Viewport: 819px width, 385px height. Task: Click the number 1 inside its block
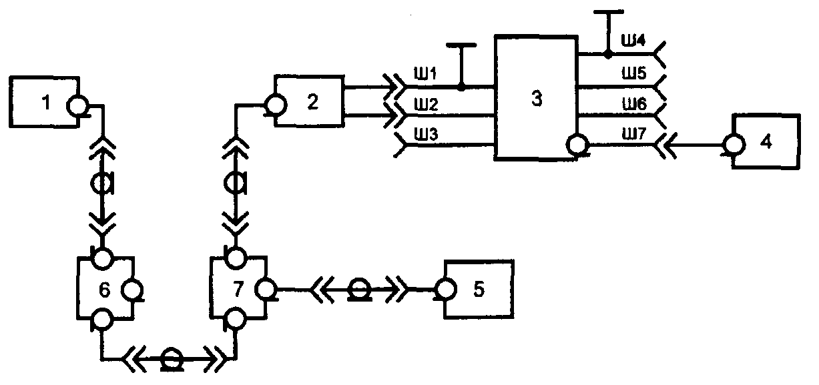coord(45,102)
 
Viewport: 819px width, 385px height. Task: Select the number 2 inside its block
coord(312,101)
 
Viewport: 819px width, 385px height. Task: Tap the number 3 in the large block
coord(537,99)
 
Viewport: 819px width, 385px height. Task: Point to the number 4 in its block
coord(766,141)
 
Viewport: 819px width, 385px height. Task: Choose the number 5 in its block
coord(479,289)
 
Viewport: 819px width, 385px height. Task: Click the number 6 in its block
coord(105,290)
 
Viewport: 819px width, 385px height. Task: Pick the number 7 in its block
coord(238,289)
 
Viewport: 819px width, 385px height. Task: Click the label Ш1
coord(425,74)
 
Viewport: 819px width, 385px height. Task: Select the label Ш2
coord(426,105)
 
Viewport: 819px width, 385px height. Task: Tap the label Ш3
coord(426,135)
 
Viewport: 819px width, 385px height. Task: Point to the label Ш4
coord(633,41)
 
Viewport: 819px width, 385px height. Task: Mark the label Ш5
coord(634,73)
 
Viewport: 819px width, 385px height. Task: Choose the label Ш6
coord(634,105)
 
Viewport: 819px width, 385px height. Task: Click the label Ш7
coord(634,134)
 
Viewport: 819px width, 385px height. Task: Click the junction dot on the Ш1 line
coord(461,87)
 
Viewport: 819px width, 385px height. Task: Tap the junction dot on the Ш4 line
coord(607,55)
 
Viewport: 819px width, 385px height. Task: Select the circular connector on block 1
coord(77,106)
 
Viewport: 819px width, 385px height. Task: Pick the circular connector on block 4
coord(734,144)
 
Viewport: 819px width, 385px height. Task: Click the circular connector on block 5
coord(446,290)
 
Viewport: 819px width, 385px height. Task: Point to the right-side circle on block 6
coord(132,290)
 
